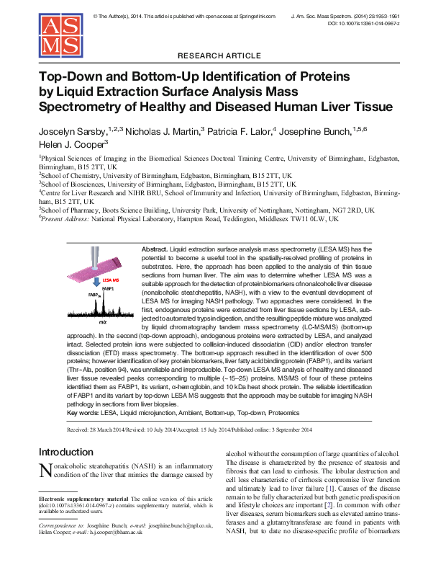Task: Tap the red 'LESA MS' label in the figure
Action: (91, 277)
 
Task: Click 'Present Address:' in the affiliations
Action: (65, 219)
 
